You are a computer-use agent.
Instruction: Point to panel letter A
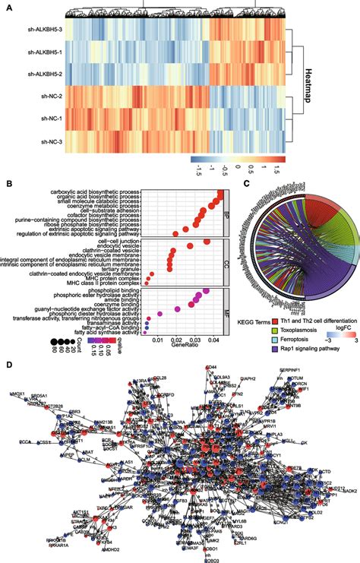click(6, 5)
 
